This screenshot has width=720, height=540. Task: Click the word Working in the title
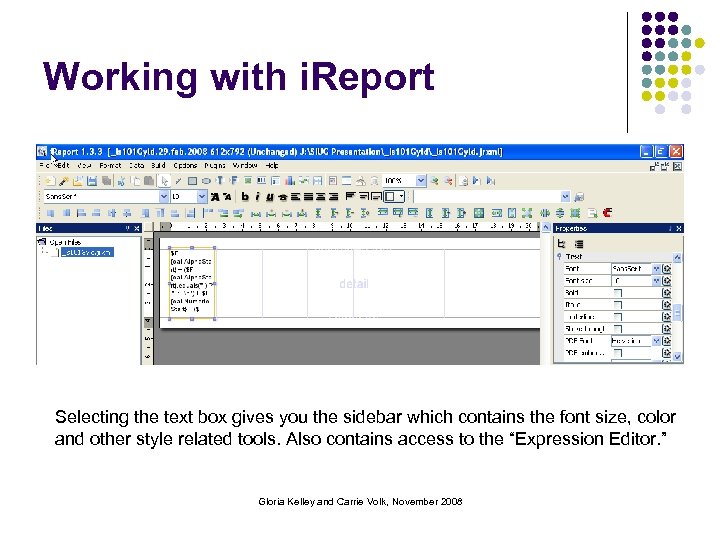(x=111, y=77)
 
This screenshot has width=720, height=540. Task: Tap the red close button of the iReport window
(x=677, y=151)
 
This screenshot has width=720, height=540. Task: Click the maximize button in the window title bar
(x=661, y=151)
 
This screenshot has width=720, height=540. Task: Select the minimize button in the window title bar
(x=645, y=151)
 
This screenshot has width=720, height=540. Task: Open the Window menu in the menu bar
(x=245, y=165)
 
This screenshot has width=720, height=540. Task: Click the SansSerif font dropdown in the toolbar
(x=104, y=197)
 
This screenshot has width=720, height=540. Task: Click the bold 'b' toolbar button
(x=259, y=197)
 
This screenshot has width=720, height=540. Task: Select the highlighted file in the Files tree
(x=87, y=253)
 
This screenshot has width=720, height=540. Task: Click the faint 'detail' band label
(x=354, y=284)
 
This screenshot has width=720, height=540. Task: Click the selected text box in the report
(x=190, y=282)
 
